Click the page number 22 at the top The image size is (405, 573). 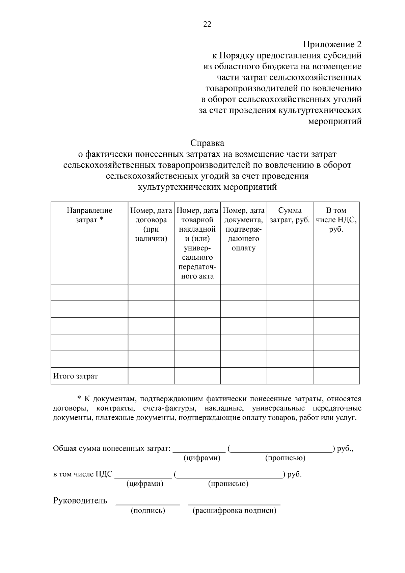[207, 24]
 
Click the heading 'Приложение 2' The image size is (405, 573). [332, 44]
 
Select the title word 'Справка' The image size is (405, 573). [207, 143]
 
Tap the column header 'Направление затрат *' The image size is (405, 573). [89, 215]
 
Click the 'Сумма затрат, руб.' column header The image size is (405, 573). [290, 215]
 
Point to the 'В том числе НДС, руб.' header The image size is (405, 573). [336, 220]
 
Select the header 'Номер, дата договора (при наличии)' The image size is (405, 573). [151, 225]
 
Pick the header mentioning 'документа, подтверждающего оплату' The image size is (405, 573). [244, 229]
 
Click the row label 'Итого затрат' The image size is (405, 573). [76, 376]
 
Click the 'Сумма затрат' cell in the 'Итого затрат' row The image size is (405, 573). [290, 376]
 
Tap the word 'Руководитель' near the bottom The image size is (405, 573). [80, 500]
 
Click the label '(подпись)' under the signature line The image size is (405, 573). [148, 511]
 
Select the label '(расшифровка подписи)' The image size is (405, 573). [235, 511]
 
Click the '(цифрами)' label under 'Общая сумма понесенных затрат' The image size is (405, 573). [202, 458]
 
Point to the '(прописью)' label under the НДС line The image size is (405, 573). [228, 484]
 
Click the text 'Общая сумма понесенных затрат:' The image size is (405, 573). [111, 449]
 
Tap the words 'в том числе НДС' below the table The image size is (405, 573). [83, 474]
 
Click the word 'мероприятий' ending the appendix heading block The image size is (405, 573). [335, 121]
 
